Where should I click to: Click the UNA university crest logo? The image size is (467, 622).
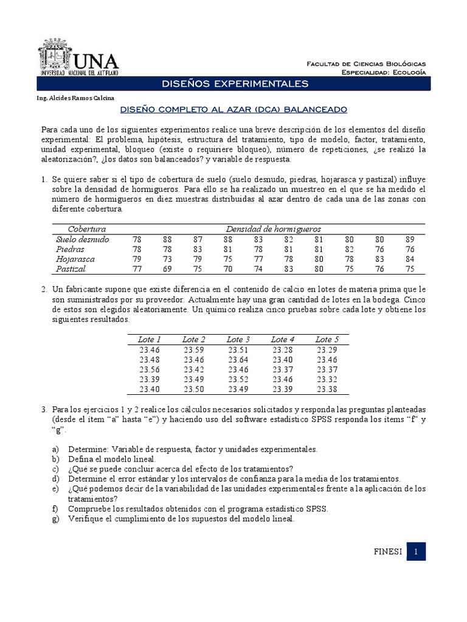click(x=56, y=56)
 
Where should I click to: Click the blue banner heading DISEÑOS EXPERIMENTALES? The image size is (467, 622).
click(x=233, y=83)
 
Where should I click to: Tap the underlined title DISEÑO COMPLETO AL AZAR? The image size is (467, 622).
click(x=233, y=110)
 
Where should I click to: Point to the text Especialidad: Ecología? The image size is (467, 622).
click(x=383, y=72)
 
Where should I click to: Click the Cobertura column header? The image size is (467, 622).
click(x=87, y=229)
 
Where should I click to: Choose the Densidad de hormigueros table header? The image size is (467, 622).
click(x=273, y=229)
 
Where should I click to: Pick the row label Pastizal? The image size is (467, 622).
click(x=71, y=268)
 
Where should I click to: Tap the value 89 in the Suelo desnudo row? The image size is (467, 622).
click(x=409, y=239)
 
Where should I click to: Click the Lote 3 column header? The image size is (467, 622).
click(x=238, y=340)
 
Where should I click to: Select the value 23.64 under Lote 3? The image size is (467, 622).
click(x=238, y=360)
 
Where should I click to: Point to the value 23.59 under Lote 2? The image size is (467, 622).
click(x=194, y=350)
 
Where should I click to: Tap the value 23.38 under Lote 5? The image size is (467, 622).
click(x=328, y=389)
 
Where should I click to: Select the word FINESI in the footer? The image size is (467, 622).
click(x=387, y=552)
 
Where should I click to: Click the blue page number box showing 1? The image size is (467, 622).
click(x=416, y=552)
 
